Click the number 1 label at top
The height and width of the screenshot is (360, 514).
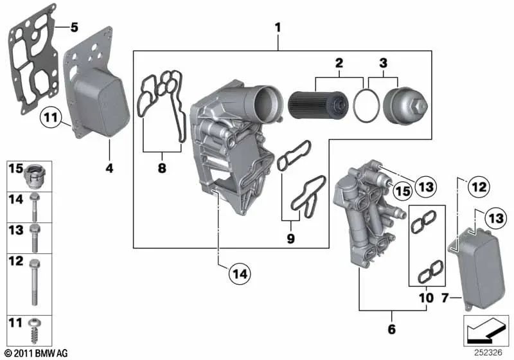(x=278, y=28)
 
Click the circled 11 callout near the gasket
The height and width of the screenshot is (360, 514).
(x=50, y=118)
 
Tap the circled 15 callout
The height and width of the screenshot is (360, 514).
(x=402, y=191)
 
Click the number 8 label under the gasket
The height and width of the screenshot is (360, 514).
(x=162, y=168)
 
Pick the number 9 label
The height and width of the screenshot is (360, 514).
(x=291, y=239)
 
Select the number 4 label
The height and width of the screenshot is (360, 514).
(x=109, y=168)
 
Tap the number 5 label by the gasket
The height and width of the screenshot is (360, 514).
(x=74, y=28)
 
